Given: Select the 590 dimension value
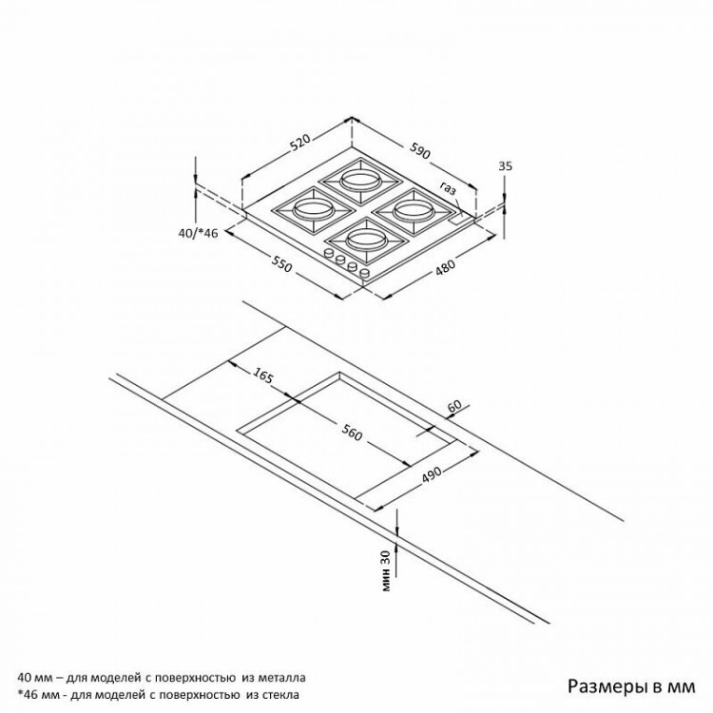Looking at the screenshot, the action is pos(419,150).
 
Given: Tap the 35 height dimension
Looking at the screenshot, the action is pos(505,166).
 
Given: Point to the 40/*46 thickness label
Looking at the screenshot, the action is pos(199,234).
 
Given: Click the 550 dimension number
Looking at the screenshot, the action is pos(282,263).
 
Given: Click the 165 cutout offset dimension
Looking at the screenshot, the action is pos(262,375).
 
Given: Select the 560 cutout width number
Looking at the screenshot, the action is pos(353,433).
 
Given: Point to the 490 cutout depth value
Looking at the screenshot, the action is pos(432,474).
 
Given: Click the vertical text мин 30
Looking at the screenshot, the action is pos(386,570).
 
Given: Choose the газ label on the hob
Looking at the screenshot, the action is pos(448,188).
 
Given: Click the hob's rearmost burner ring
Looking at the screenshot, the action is pos(360,181).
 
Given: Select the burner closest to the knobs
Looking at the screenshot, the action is pos(365,240).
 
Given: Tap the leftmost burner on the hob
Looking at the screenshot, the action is pos(314,210).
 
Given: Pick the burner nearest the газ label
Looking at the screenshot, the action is pos(414,210).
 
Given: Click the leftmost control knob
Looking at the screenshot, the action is pos(328,254).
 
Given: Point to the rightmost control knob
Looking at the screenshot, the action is pos(364,273).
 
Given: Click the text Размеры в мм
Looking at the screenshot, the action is pos(631,686).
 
